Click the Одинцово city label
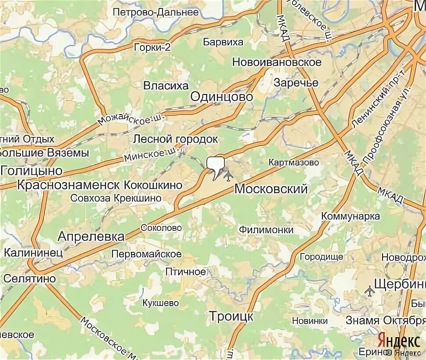point(222,97)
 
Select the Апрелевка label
point(91,237)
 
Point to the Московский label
point(271,189)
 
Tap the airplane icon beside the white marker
point(228,176)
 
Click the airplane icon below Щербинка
point(370,290)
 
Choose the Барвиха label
point(223,42)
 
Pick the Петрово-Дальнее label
point(155,12)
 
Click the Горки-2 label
point(152,47)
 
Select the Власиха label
point(166,86)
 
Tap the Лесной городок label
point(176,139)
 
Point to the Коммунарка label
point(350,216)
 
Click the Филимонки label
point(266,230)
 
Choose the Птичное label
point(185,272)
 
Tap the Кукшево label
point(161,303)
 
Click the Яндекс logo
point(398,341)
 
